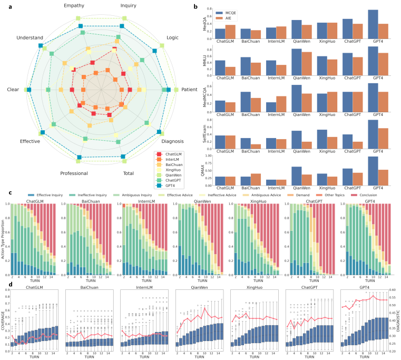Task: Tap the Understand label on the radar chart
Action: (30, 37)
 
